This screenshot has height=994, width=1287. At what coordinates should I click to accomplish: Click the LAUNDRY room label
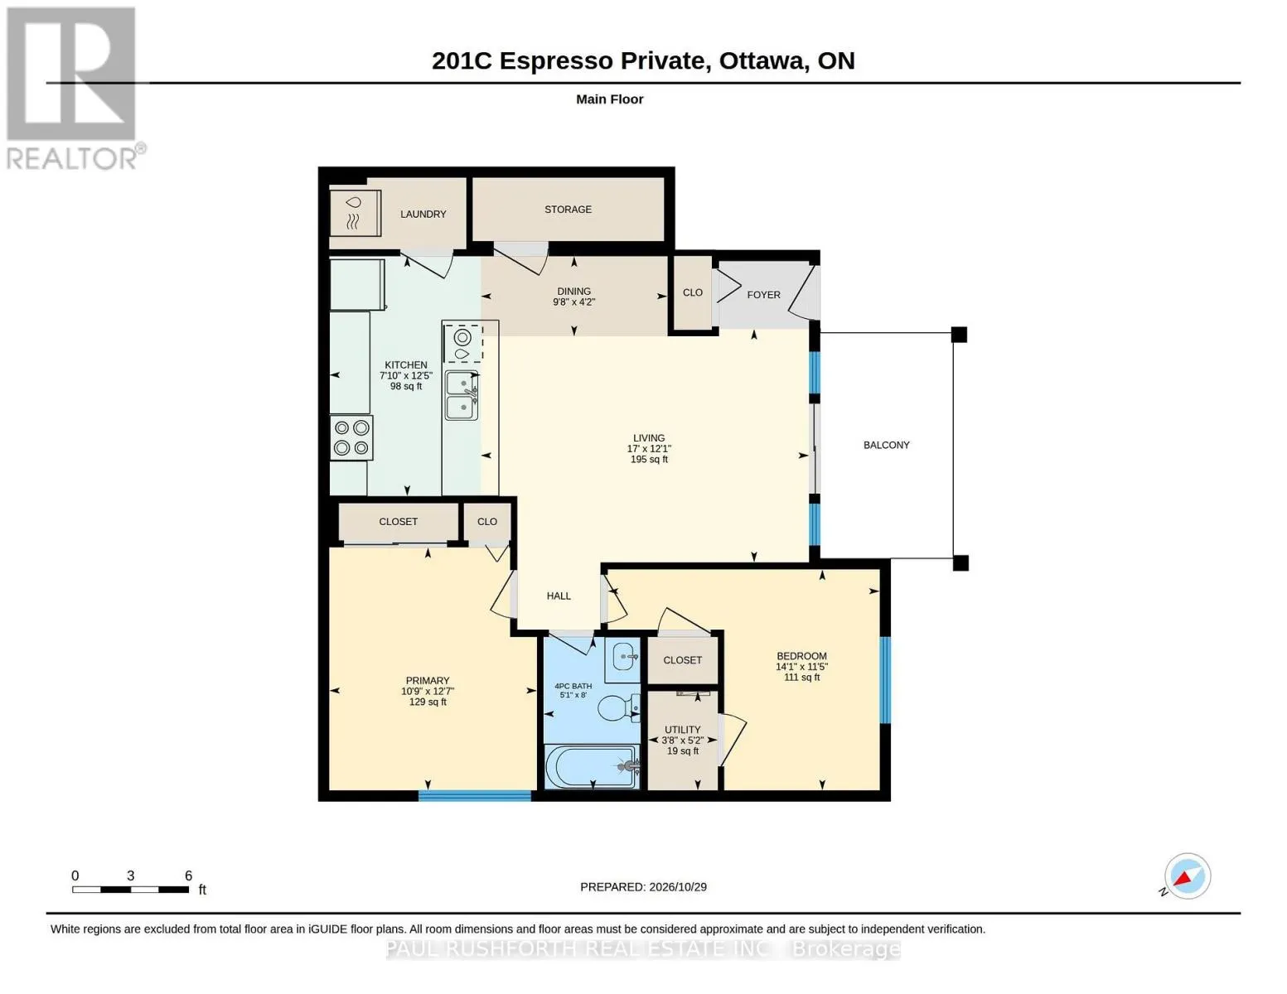[x=423, y=215]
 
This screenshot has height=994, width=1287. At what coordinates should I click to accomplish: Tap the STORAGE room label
[x=568, y=210]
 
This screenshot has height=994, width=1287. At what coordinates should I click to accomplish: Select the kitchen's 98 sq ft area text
[x=406, y=387]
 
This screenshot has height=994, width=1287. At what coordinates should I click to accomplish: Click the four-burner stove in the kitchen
[x=351, y=437]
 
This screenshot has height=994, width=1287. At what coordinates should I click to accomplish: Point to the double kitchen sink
[x=462, y=395]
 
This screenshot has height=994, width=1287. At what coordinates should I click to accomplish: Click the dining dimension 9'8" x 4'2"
[x=574, y=302]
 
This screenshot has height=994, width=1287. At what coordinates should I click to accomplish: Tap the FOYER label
[x=763, y=295]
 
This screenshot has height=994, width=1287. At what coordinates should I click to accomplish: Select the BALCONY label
[x=886, y=445]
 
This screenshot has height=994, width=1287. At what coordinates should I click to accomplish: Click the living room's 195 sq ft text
[x=649, y=460]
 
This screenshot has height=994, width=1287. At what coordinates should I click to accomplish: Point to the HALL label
[x=559, y=596]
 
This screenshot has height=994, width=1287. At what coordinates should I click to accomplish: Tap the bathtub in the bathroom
[x=592, y=767]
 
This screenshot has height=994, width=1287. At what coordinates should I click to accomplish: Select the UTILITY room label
[x=682, y=730]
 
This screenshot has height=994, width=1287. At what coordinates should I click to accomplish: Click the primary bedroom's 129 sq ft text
[x=428, y=702]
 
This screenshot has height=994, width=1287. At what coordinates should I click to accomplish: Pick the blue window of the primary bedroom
[x=475, y=796]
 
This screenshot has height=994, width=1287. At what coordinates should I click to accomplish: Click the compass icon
[x=1187, y=876]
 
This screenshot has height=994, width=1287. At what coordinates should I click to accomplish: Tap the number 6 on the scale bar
[x=188, y=876]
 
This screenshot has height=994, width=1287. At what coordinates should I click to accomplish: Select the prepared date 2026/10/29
[x=678, y=887]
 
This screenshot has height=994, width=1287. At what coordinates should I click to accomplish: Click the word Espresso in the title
[x=556, y=61]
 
